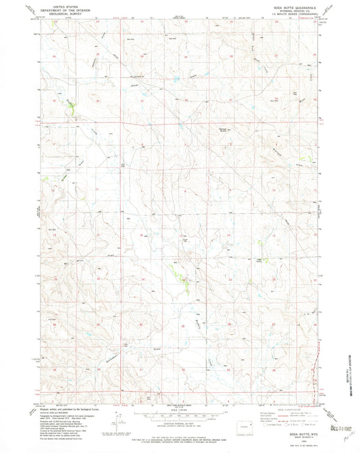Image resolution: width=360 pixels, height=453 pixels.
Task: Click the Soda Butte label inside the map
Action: click(x=184, y=238)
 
